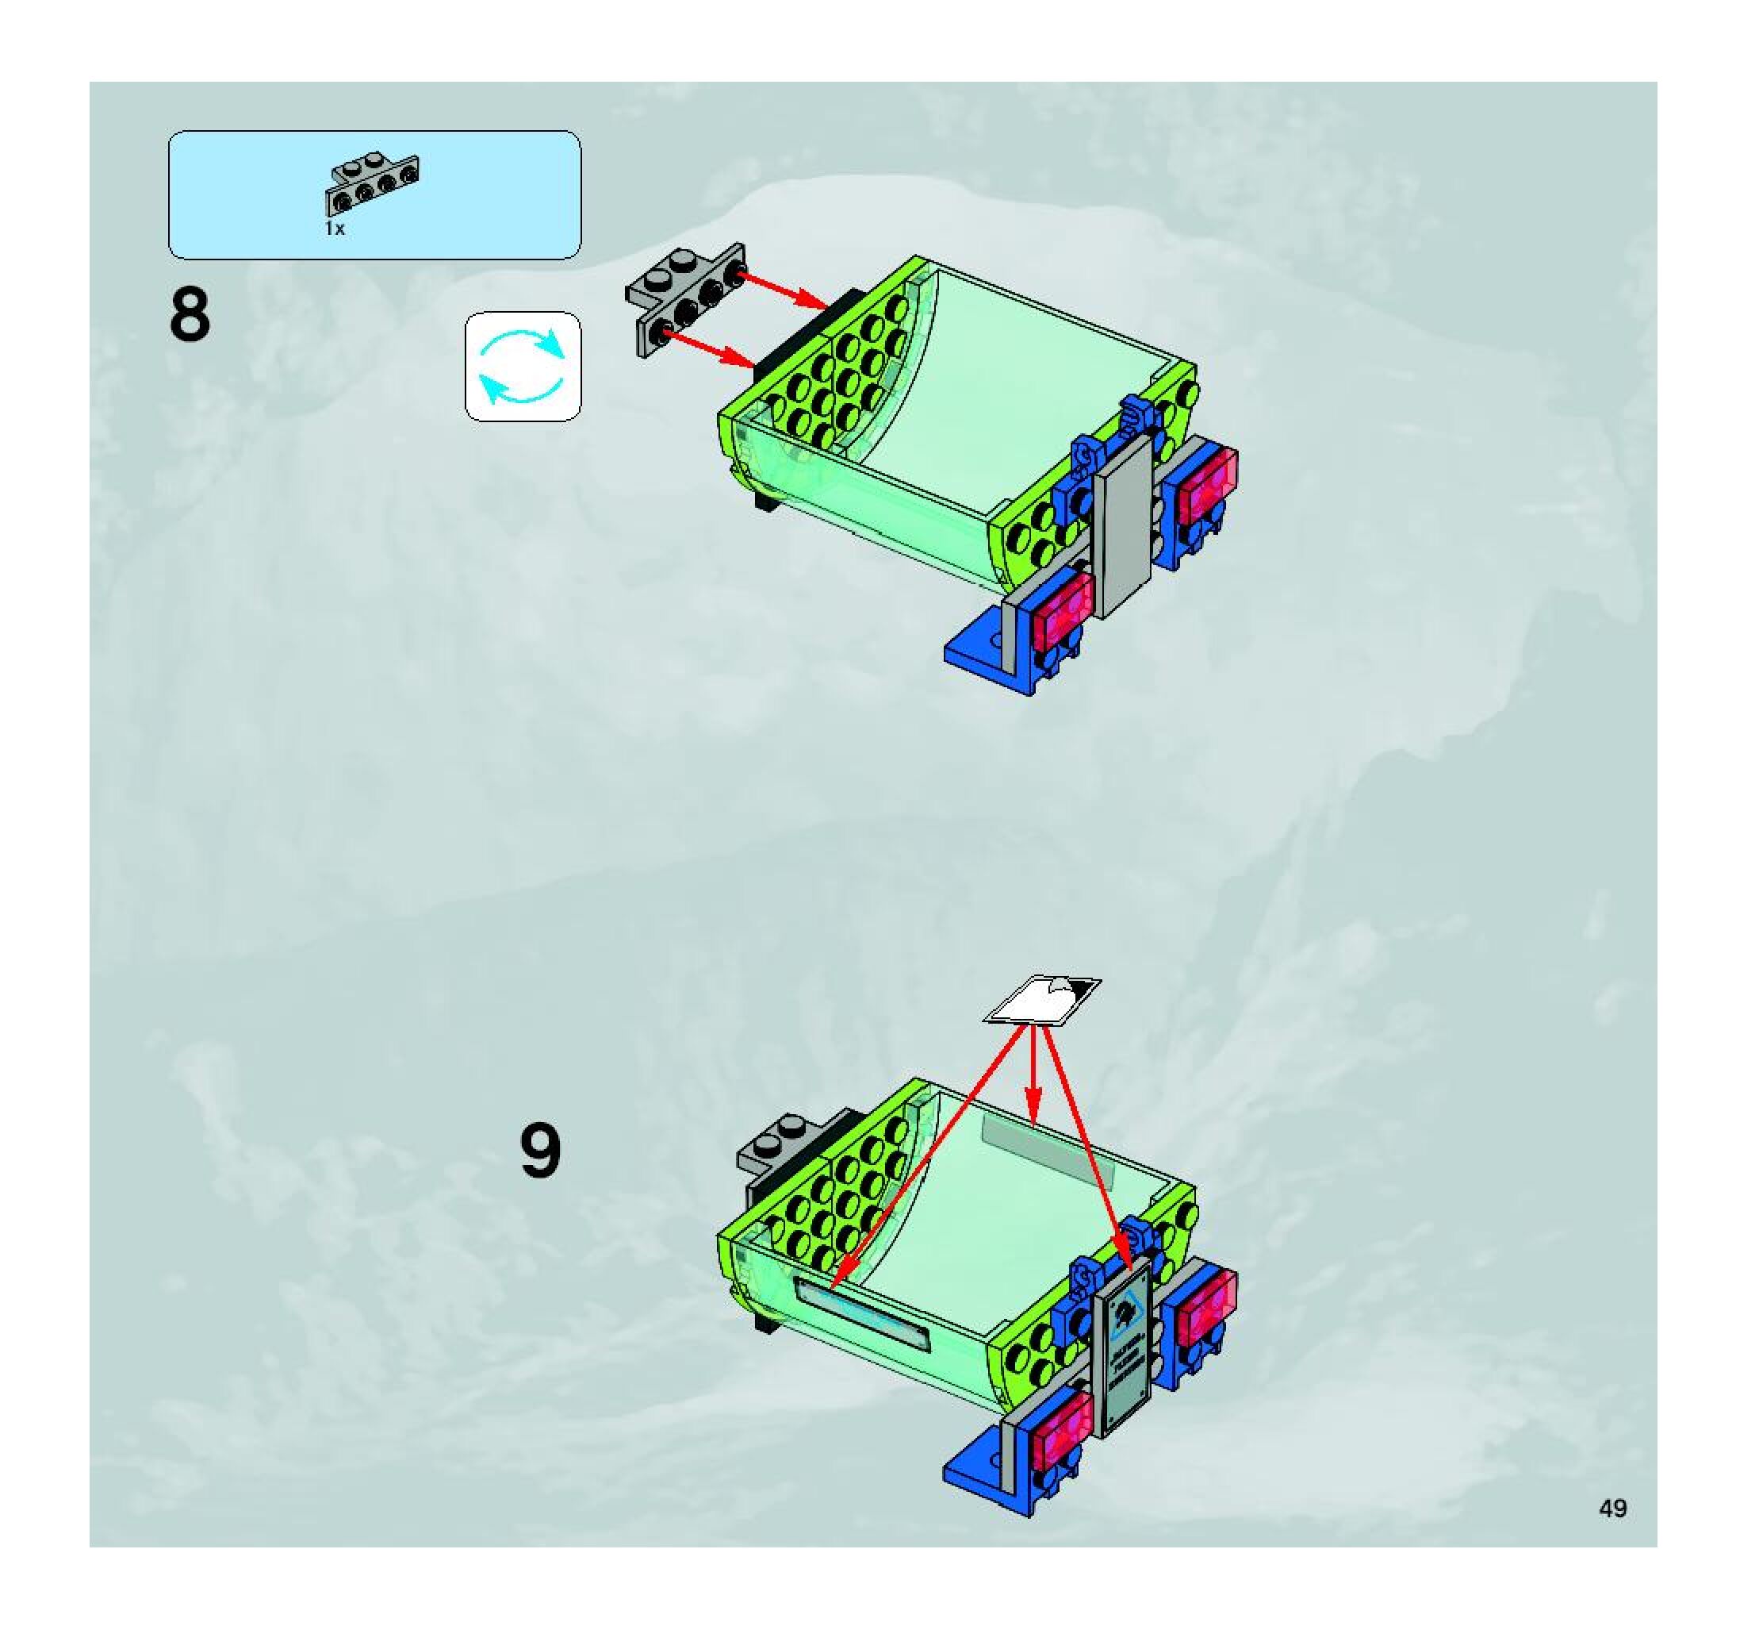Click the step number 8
(x=190, y=315)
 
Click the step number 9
(x=540, y=1151)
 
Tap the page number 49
(x=1612, y=1508)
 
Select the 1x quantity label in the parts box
(x=335, y=229)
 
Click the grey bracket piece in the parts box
(x=373, y=184)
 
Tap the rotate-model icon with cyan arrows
(x=523, y=366)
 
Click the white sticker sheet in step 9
(x=1042, y=999)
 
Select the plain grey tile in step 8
(x=1125, y=527)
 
